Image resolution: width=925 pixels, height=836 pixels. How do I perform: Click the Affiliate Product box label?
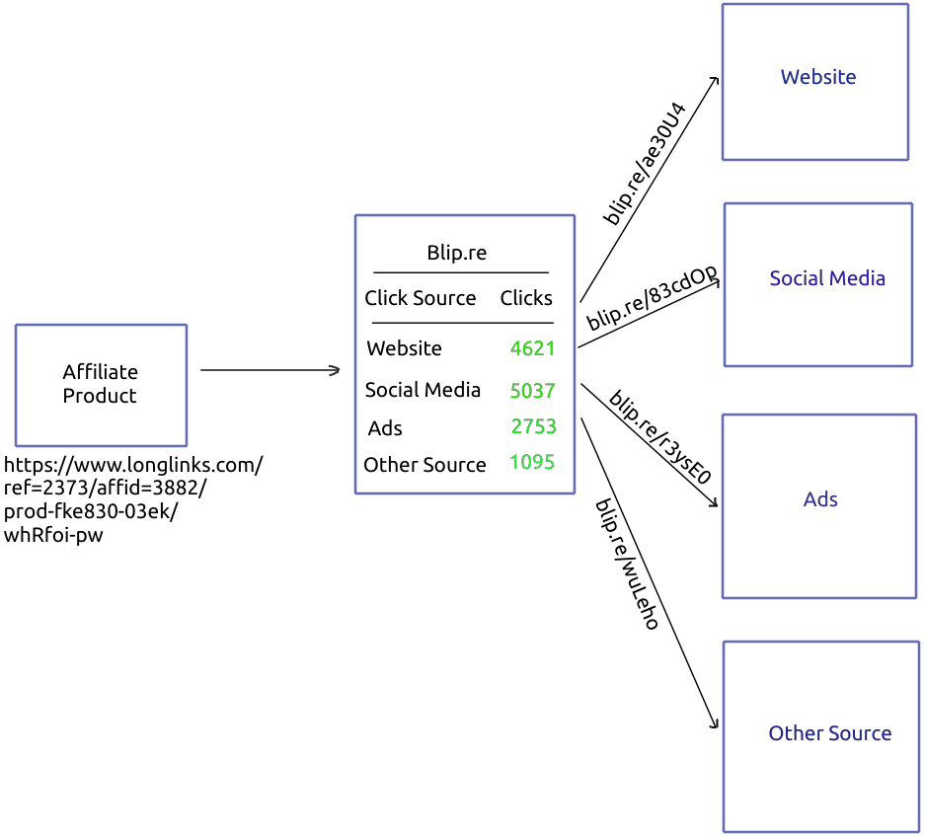click(x=100, y=384)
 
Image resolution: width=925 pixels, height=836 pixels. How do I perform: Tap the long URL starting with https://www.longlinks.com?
click(x=133, y=499)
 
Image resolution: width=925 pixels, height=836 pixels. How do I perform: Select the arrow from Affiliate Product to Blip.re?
click(x=270, y=370)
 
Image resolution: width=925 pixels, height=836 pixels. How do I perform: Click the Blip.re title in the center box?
click(x=456, y=253)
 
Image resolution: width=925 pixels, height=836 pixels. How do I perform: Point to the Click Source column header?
click(x=420, y=298)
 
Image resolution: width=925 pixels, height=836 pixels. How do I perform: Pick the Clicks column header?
click(x=526, y=298)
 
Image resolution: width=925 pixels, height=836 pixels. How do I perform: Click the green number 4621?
click(x=532, y=348)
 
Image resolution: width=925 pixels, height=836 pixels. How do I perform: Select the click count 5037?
click(x=532, y=391)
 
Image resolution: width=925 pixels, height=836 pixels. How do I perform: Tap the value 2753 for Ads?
click(x=533, y=426)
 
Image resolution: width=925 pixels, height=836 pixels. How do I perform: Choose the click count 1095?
click(x=532, y=462)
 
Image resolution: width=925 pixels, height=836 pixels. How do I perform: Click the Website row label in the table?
click(x=404, y=348)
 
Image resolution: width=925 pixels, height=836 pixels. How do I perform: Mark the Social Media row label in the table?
click(x=423, y=390)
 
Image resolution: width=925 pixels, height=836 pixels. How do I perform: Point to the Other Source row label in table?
click(x=424, y=465)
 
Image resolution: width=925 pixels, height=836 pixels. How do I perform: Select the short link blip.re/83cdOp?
click(x=652, y=298)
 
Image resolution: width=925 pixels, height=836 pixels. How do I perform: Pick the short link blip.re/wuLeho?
click(x=626, y=564)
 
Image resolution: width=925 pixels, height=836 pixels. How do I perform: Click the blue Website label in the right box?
click(x=817, y=77)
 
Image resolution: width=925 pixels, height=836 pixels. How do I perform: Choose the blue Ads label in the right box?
click(x=819, y=499)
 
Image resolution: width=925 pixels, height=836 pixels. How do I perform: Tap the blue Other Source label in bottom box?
click(x=829, y=733)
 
